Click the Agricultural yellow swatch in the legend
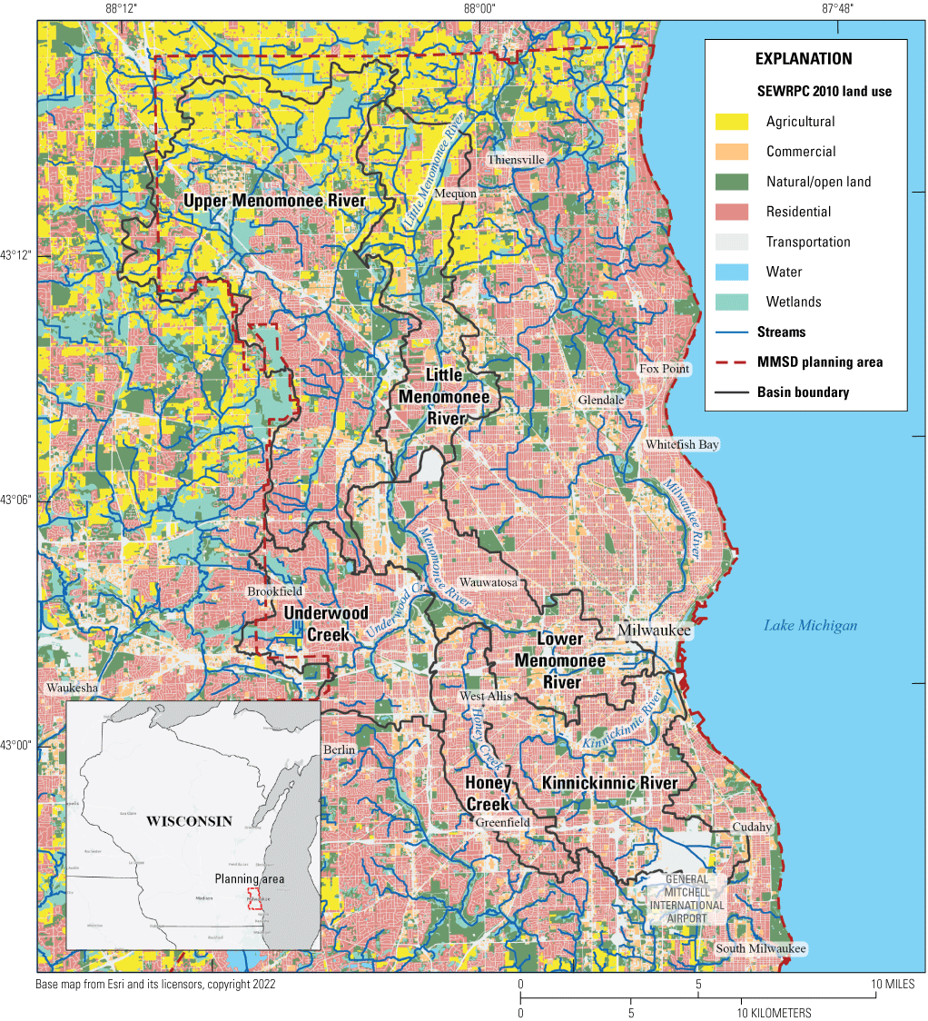[x=732, y=122]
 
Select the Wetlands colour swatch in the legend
[x=732, y=302]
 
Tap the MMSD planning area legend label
[x=820, y=362]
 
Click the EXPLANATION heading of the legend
[x=804, y=59]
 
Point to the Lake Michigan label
[x=810, y=625]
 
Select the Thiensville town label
[x=515, y=160]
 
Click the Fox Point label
[x=664, y=369]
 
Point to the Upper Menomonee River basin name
[x=274, y=201]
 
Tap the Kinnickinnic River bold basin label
[x=609, y=783]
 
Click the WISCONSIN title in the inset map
[x=189, y=820]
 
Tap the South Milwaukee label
[x=760, y=948]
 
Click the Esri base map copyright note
[x=156, y=984]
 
